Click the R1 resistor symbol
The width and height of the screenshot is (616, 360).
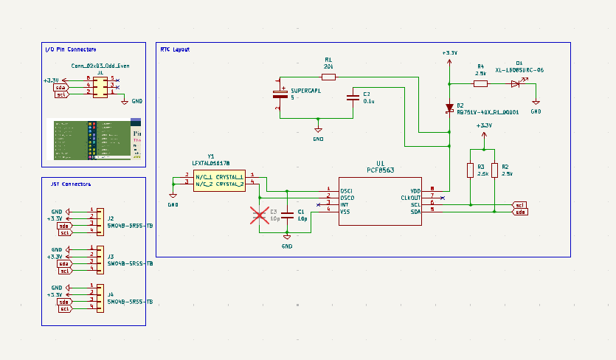[328, 77]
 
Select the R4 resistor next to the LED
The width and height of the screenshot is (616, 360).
[480, 84]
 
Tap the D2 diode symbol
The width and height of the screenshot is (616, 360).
[449, 108]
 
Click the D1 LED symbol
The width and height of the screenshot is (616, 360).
[516, 84]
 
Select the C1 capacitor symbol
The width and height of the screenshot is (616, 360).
[288, 216]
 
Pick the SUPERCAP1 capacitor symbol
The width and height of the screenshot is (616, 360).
[280, 94]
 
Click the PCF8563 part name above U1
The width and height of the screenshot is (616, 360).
[380, 170]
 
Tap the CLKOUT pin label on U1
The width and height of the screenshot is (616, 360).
[411, 198]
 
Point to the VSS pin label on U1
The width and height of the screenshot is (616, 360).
[345, 211]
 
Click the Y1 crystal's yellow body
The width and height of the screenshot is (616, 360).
[219, 180]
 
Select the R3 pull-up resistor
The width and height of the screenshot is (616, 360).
[470, 170]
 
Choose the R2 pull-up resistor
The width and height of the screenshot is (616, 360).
[494, 170]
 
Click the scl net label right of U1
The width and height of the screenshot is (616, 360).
[519, 205]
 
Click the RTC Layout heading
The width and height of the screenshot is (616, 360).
[175, 49]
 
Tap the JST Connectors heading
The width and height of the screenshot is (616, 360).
[69, 184]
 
